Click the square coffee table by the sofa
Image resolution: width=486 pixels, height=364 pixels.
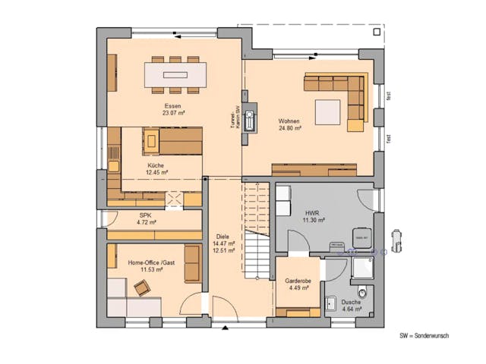[x=328, y=111]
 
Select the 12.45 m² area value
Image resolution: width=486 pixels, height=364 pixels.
[x=157, y=173]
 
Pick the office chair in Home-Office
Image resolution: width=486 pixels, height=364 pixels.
[x=142, y=287]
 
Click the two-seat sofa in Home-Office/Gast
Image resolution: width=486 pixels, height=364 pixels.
[x=192, y=263]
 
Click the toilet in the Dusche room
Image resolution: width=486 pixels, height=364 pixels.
[x=362, y=291]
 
